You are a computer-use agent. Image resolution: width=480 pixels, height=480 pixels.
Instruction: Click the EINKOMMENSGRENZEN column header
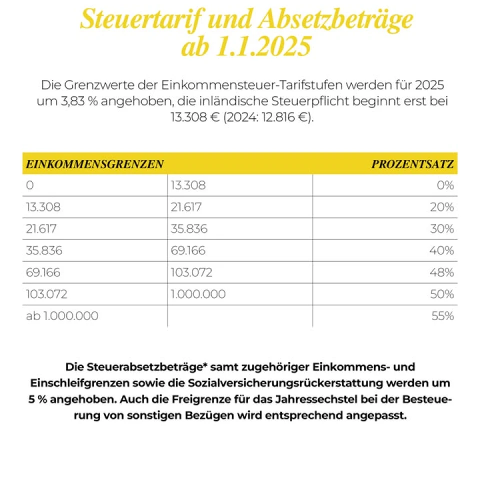[x=94, y=164]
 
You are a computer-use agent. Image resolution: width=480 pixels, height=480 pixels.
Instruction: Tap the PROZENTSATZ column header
[x=412, y=164]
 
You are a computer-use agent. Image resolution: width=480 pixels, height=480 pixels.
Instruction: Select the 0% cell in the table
[x=445, y=185]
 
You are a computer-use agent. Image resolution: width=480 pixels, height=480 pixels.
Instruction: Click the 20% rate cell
[x=442, y=207]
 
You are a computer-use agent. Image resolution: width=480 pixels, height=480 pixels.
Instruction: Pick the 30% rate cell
[x=442, y=228]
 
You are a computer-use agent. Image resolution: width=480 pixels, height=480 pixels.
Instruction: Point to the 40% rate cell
[x=441, y=250]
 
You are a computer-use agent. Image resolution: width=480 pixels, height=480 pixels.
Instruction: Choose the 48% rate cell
[x=441, y=272]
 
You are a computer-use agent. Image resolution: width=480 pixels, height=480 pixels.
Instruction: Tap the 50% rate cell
[x=442, y=294]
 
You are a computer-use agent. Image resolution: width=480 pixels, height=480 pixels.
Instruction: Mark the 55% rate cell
[x=442, y=315]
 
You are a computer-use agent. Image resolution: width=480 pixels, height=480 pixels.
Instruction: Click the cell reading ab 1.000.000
[x=62, y=315]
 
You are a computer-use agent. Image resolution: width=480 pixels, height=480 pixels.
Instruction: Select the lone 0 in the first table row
[x=29, y=185]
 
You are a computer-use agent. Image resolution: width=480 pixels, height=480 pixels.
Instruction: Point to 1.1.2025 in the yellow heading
[x=264, y=46]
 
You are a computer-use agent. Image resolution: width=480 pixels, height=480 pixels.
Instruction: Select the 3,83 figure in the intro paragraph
[x=72, y=101]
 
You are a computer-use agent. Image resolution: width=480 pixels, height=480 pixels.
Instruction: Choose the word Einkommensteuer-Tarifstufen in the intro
[x=251, y=85]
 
